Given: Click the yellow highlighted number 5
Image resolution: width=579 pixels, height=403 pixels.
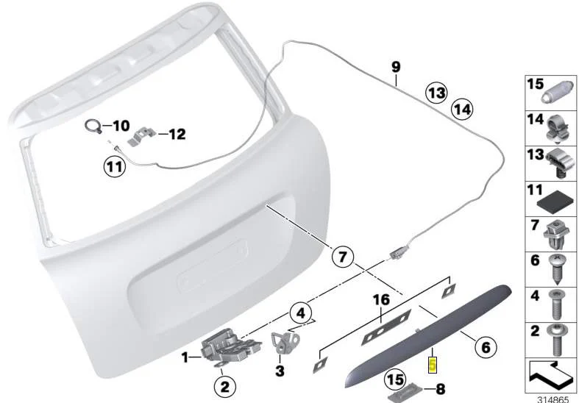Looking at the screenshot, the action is (x=433, y=365).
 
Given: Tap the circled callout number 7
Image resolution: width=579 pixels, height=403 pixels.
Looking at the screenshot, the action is (x=342, y=257).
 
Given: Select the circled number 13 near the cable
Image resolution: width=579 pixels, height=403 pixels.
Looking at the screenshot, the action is (x=436, y=93).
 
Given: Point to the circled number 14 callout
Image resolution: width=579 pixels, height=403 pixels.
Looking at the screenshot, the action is (x=462, y=110).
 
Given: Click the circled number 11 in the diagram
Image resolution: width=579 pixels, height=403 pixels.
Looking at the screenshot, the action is (x=114, y=167).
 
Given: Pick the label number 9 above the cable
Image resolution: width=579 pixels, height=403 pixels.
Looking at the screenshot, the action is (x=396, y=67).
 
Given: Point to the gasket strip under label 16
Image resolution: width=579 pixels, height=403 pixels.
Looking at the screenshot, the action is (x=386, y=328).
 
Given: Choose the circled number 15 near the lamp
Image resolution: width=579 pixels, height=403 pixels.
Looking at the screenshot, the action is (x=395, y=379).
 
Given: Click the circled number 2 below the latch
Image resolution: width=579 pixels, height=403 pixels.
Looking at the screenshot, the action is (x=225, y=387).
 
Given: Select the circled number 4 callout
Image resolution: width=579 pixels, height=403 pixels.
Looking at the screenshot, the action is (x=301, y=313).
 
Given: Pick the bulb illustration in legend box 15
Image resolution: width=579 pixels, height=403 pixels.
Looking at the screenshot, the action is (x=557, y=92).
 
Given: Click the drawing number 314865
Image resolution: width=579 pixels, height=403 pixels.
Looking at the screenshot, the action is (x=553, y=399).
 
